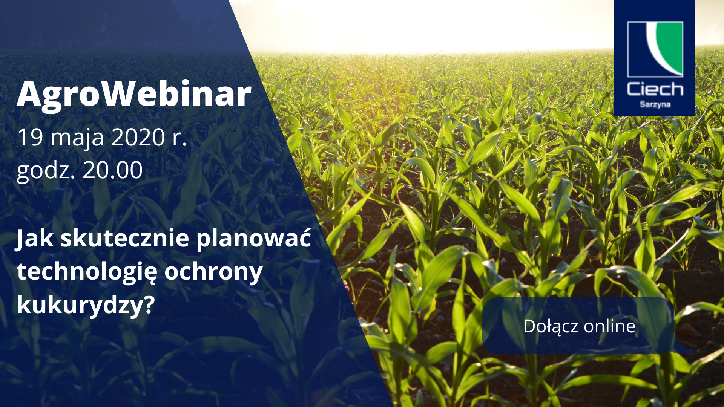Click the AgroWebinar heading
pyautogui.click(x=134, y=94)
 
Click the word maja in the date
pyautogui.click(x=77, y=138)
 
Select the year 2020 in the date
pyautogui.click(x=138, y=137)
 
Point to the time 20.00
pyautogui.click(x=112, y=170)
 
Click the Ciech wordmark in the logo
pyautogui.click(x=655, y=89)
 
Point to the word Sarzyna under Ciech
pyautogui.click(x=655, y=104)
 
